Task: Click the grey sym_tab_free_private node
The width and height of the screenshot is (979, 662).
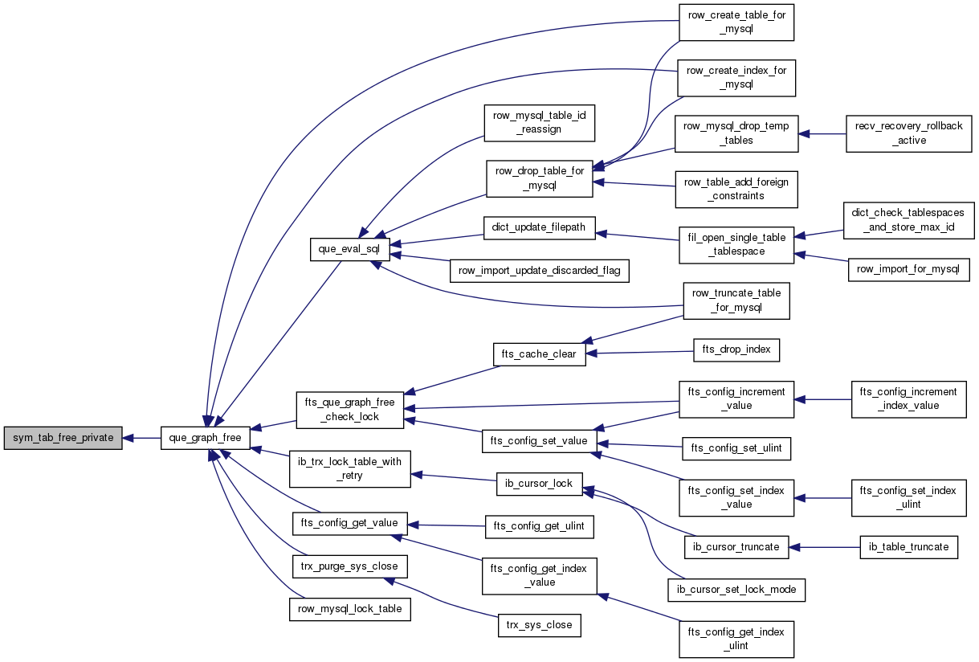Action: (x=63, y=438)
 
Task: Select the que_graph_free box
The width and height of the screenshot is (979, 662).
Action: (x=206, y=438)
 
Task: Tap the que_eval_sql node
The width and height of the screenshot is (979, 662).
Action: (x=349, y=249)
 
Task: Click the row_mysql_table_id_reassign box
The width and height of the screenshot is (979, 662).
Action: (x=540, y=123)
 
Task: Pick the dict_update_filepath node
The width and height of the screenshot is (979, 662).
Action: (x=540, y=228)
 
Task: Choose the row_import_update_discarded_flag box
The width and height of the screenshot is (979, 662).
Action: (x=540, y=271)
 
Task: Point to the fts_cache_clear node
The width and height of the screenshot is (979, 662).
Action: (x=540, y=354)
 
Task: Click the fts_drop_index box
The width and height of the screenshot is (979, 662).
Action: (x=736, y=349)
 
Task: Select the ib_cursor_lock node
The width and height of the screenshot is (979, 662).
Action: (x=540, y=484)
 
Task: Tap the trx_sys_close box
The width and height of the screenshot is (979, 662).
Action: (x=540, y=625)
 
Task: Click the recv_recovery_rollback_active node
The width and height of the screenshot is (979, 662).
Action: (x=908, y=134)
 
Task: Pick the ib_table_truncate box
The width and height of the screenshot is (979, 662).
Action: (x=908, y=547)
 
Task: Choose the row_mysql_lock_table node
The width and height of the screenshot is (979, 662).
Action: (x=349, y=609)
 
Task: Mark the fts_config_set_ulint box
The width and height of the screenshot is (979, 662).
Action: (x=736, y=448)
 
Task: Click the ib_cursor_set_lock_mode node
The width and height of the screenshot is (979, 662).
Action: (x=736, y=590)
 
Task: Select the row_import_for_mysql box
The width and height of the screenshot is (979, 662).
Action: (x=908, y=269)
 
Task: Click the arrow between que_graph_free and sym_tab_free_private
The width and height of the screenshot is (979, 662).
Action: (x=141, y=438)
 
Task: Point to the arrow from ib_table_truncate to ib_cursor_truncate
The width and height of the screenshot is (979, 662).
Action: (x=824, y=547)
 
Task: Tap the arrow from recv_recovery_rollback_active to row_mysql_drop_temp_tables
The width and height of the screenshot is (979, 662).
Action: (x=822, y=134)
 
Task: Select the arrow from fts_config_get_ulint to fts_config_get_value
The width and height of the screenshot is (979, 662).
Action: (x=447, y=525)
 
